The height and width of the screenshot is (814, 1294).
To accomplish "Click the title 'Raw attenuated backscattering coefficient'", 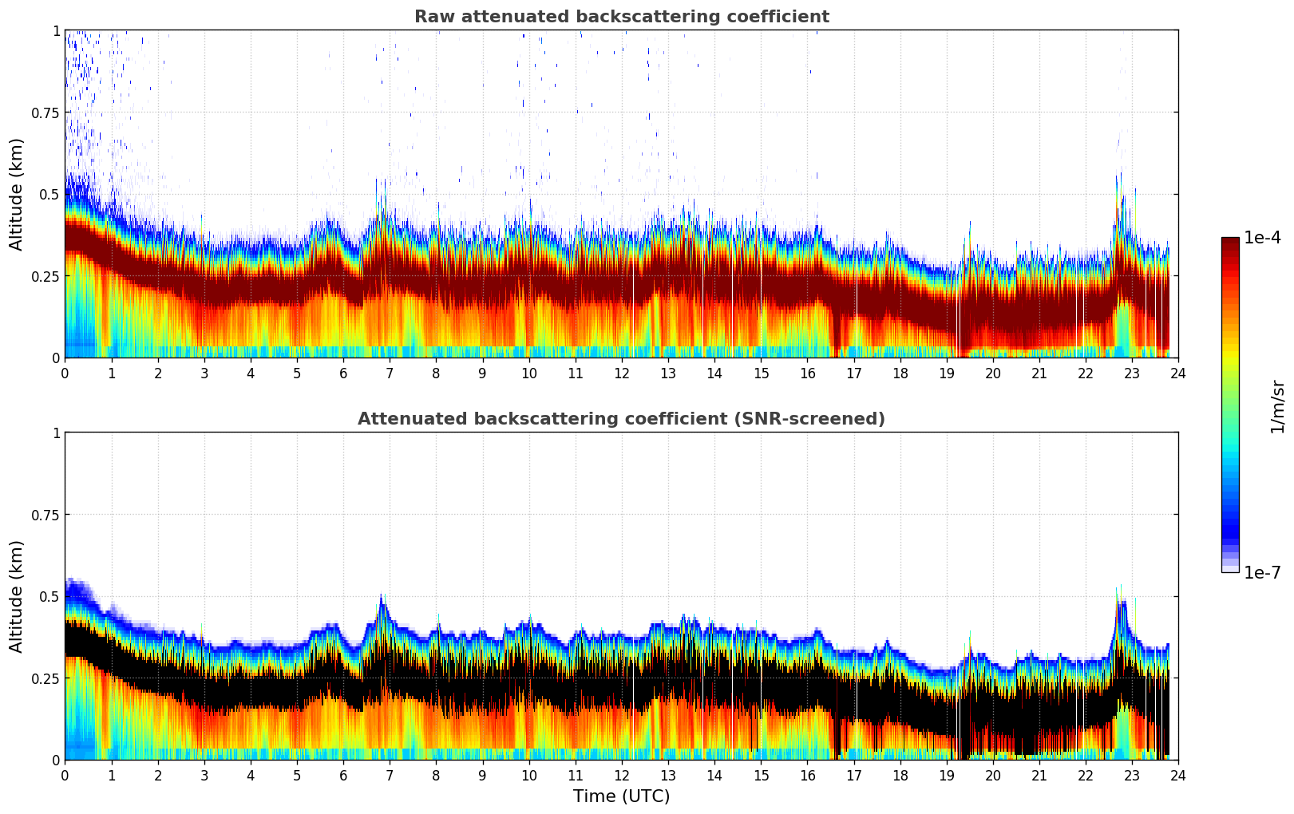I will click(621, 17).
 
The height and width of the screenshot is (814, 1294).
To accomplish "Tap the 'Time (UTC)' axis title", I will click(621, 796).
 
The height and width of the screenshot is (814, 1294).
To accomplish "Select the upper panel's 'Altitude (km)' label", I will click(17, 194).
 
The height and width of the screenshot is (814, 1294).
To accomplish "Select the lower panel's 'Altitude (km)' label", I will click(17, 596).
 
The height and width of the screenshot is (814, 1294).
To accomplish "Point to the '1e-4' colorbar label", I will click(1262, 238).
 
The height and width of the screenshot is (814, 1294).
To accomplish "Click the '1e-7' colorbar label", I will click(1262, 572).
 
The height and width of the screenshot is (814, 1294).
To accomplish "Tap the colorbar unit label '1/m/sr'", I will click(1277, 406).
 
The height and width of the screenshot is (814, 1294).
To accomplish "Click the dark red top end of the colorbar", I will click(1229, 241).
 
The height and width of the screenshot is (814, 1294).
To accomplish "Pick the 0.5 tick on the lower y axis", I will click(50, 596).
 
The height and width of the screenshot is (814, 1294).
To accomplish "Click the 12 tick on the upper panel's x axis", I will click(622, 373).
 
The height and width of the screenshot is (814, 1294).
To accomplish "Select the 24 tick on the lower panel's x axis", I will click(1178, 775).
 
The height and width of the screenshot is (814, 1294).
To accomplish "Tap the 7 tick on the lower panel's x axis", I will click(390, 775).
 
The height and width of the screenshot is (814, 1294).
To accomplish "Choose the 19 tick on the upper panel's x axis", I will click(947, 373).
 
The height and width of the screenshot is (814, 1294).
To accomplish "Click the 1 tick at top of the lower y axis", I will click(56, 433).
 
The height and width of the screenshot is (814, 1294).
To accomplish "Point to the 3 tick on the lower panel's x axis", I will click(204, 775).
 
